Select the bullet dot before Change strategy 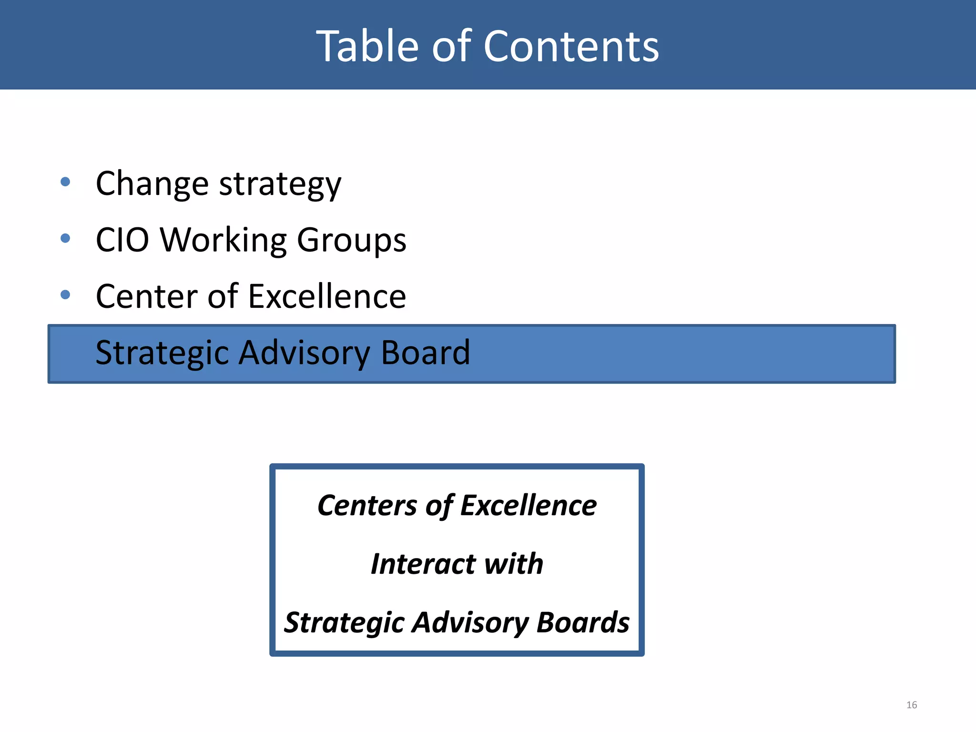click(x=66, y=182)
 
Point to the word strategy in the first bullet click(x=280, y=185)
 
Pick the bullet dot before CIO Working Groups click(x=66, y=238)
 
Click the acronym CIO click(x=122, y=240)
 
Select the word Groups click(x=351, y=241)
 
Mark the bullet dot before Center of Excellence click(x=66, y=295)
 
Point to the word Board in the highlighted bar click(x=425, y=353)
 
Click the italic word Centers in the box click(x=366, y=505)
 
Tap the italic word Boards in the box click(x=582, y=622)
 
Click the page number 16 click(x=911, y=705)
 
